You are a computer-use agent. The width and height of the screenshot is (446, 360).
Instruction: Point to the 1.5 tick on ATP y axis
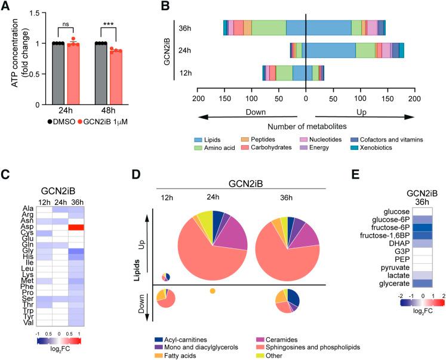[36, 14]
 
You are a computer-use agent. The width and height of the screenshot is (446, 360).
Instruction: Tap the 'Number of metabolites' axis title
[305, 127]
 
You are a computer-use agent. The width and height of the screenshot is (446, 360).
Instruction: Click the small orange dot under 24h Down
[212, 291]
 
